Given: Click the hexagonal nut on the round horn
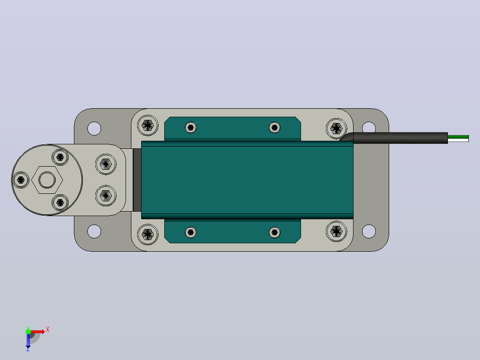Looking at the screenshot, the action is click(x=47, y=180).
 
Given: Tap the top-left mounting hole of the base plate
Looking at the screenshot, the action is click(x=94, y=128).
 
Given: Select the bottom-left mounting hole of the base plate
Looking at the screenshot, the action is click(x=94, y=231).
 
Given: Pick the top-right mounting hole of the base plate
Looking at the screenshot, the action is click(x=369, y=127).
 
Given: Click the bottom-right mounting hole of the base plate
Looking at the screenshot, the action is click(x=369, y=231).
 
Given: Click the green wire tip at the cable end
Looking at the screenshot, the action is click(x=458, y=137).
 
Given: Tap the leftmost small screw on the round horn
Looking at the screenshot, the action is click(x=21, y=180).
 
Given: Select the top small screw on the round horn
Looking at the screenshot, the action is click(x=60, y=157).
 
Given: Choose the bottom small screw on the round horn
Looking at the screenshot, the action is click(x=60, y=203).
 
